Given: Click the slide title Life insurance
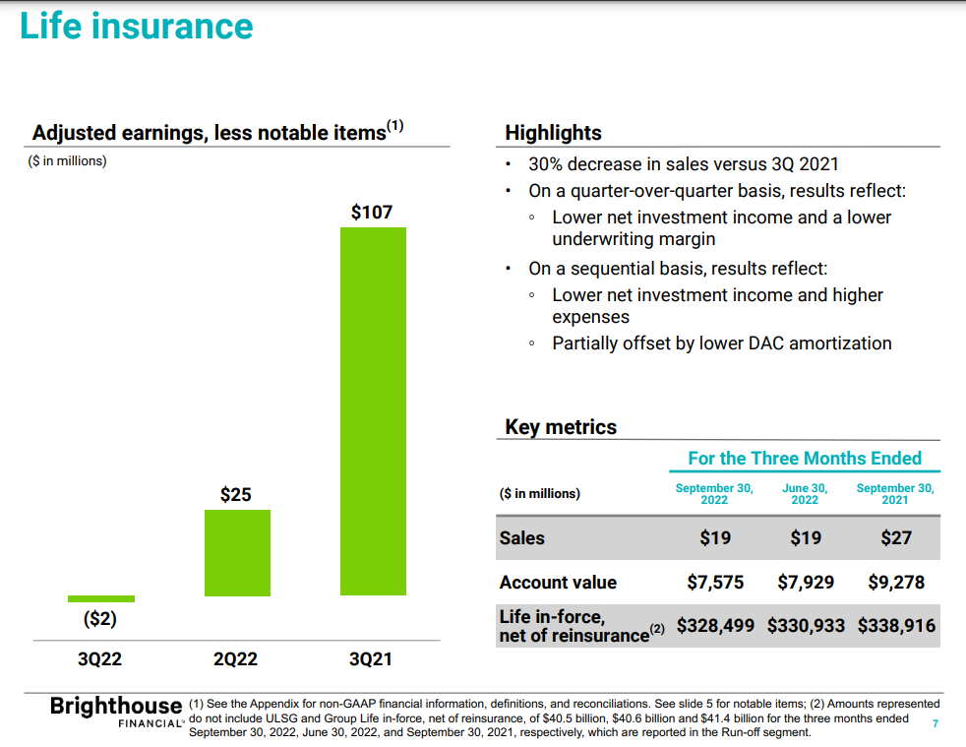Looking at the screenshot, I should [137, 27].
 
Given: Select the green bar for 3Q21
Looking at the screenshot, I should [372, 410].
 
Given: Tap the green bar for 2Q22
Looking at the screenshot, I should [236, 552].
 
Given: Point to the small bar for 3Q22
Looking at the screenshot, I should [101, 598].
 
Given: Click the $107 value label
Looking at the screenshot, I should [372, 212].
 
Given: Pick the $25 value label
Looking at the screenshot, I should [236, 494].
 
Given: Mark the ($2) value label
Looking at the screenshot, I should [100, 620].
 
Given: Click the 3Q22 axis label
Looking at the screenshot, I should [100, 659].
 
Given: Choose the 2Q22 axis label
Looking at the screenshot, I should [236, 659].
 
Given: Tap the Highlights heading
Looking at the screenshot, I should [553, 133].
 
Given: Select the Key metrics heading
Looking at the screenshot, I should [561, 427].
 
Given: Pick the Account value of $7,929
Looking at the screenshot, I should [806, 582].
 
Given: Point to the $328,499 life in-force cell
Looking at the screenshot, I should [717, 625].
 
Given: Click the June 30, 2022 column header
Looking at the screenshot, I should [805, 493].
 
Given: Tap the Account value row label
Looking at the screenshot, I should [558, 582].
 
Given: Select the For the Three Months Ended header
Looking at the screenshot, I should [805, 458].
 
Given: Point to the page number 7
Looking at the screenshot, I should [935, 724].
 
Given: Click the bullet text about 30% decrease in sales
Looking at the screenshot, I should [683, 164].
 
